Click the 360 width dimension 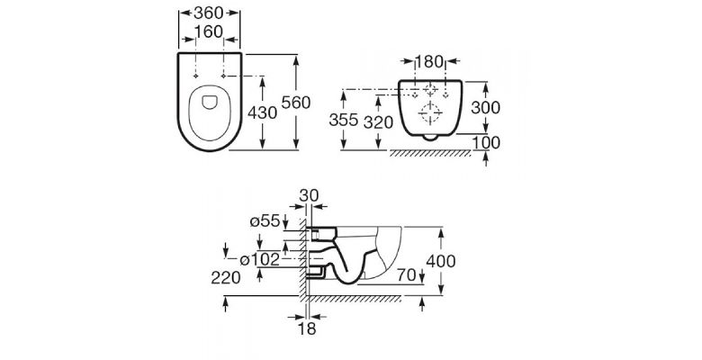(208, 13)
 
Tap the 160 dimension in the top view (209, 31)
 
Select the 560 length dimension (295, 103)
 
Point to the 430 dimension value (263, 112)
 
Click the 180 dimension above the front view (429, 62)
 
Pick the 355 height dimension (344, 120)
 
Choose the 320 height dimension (378, 122)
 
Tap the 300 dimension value (486, 107)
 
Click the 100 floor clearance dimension (486, 143)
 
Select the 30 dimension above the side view (309, 195)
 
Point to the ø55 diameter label (265, 220)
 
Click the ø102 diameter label (260, 259)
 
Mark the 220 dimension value (226, 278)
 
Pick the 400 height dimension (440, 261)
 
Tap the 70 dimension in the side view (407, 275)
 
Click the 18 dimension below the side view (307, 328)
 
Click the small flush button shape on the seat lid (210, 102)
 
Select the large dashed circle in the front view (430, 112)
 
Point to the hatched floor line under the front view (430, 153)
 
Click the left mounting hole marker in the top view (195, 76)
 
